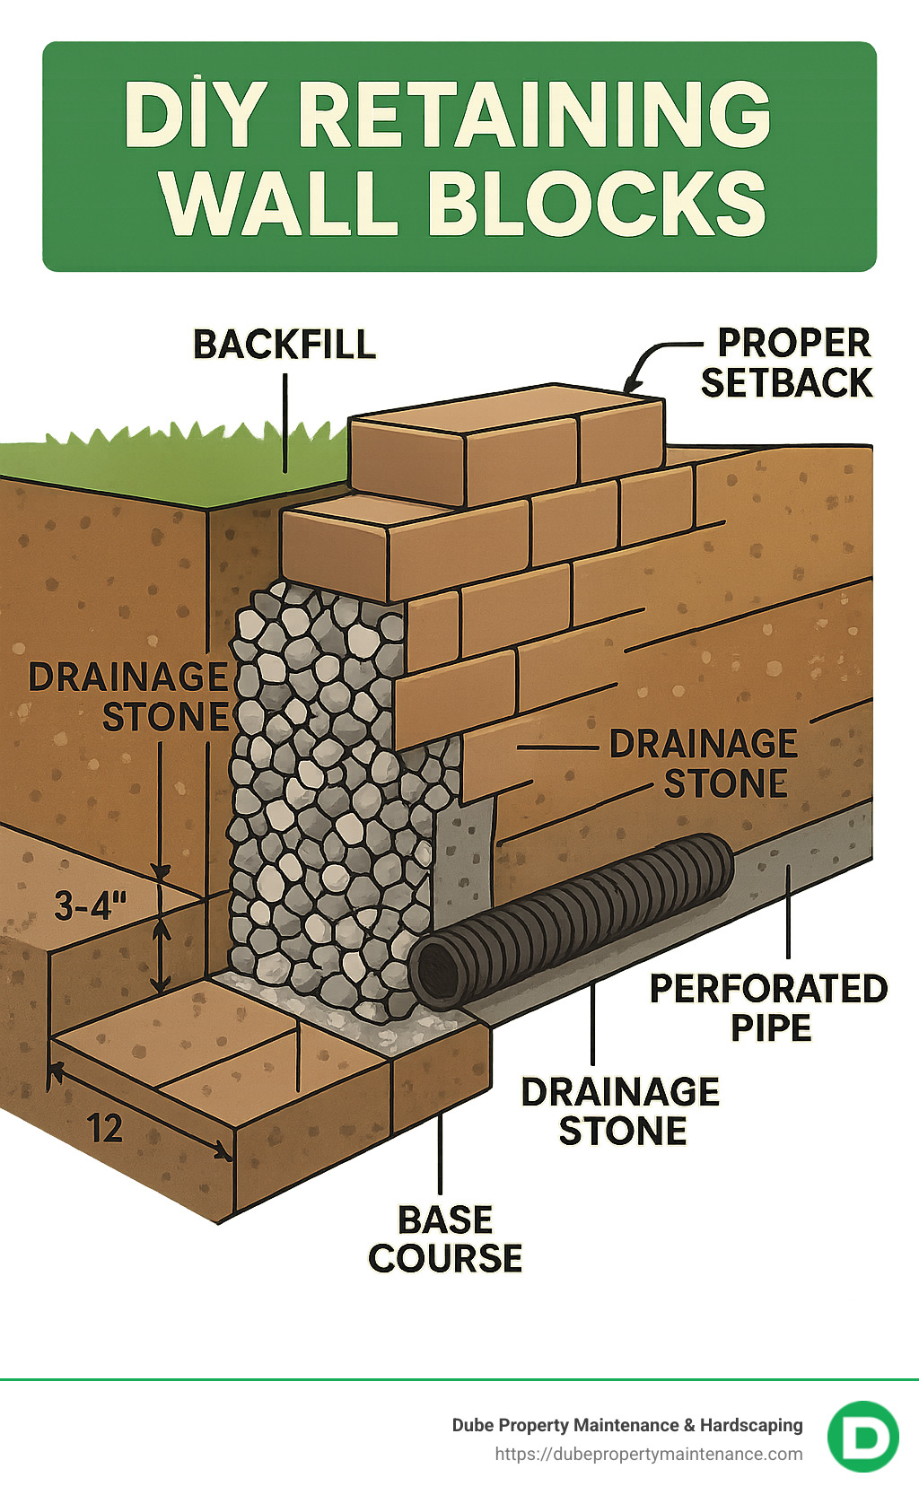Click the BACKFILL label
[x=284, y=345]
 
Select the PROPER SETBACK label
[x=788, y=363]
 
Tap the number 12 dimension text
[x=104, y=1128]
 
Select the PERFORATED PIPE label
[x=769, y=1008]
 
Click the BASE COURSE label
[x=445, y=1239]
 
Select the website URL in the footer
[x=649, y=1455]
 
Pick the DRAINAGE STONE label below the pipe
[x=621, y=1111]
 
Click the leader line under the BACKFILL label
[x=285, y=422]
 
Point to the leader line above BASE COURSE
[x=440, y=1153]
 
